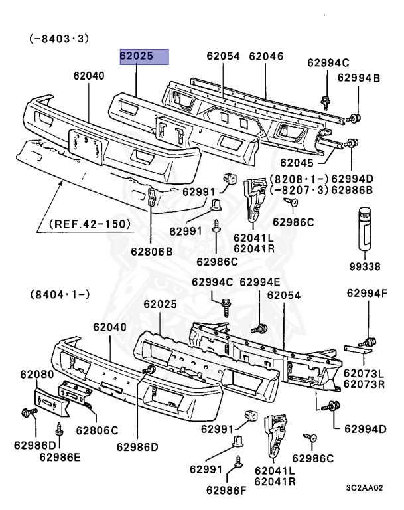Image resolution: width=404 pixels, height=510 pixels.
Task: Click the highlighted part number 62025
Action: point(143,57)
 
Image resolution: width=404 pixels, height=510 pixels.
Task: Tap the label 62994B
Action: point(358,78)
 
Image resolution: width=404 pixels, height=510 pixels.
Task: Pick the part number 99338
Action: point(366,268)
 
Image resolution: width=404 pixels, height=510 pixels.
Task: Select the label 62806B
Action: point(151,251)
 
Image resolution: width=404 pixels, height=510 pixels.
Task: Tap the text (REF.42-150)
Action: point(91,224)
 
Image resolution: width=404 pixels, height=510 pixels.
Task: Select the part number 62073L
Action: point(364,374)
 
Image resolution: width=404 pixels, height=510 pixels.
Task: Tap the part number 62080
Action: point(36,375)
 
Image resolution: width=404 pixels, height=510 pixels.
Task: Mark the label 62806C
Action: point(97,429)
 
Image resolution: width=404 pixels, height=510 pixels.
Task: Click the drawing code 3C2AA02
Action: point(364,487)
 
